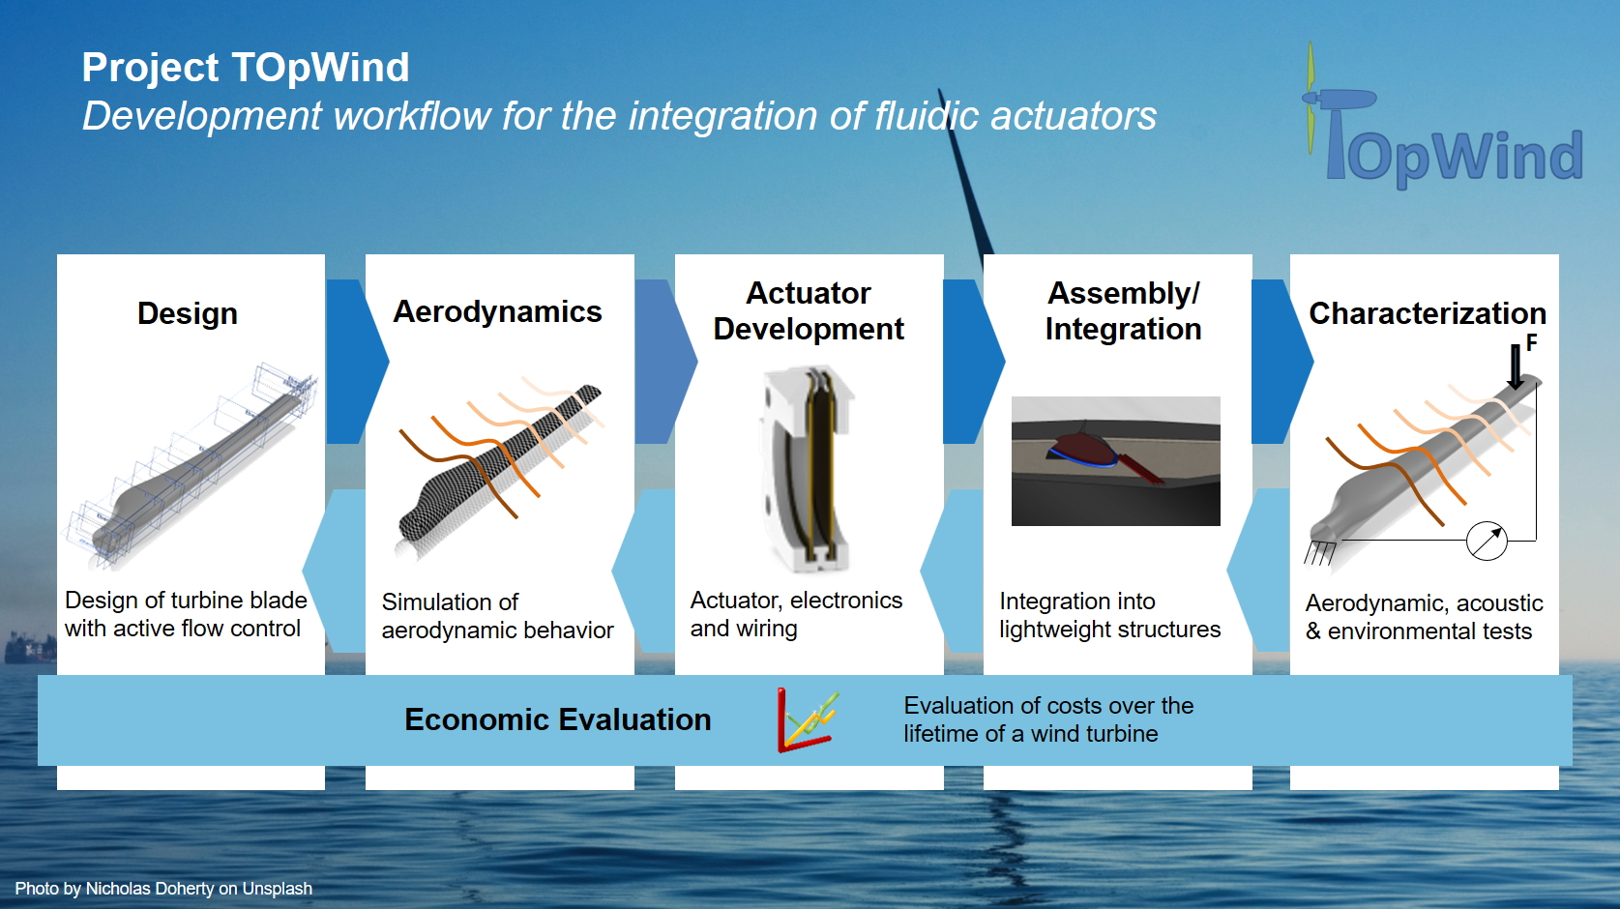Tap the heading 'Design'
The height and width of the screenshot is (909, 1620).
coord(188,313)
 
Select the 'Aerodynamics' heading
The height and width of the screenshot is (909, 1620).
coord(497,311)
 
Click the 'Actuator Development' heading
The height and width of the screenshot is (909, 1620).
coord(809,311)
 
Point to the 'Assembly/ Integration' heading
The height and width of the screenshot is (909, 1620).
coord(1123,311)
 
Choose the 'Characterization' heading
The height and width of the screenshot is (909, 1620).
coord(1428,313)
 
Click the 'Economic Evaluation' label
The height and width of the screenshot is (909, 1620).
coord(558,719)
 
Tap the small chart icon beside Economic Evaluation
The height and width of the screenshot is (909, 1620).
coord(808,720)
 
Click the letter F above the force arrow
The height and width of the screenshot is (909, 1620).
coord(1532,342)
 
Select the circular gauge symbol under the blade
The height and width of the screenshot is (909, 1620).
coord(1487,541)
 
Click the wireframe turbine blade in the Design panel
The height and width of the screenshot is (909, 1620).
coord(191,463)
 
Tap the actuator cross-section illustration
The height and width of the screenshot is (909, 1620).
coord(808,469)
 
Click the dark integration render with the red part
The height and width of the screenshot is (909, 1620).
coord(1115,460)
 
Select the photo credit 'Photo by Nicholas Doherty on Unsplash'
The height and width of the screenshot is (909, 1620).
coord(163,888)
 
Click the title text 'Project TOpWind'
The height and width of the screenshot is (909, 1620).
coord(245,68)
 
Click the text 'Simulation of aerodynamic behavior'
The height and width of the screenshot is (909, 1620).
coord(497,615)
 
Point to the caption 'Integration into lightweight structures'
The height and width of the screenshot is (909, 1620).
coord(1109,615)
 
